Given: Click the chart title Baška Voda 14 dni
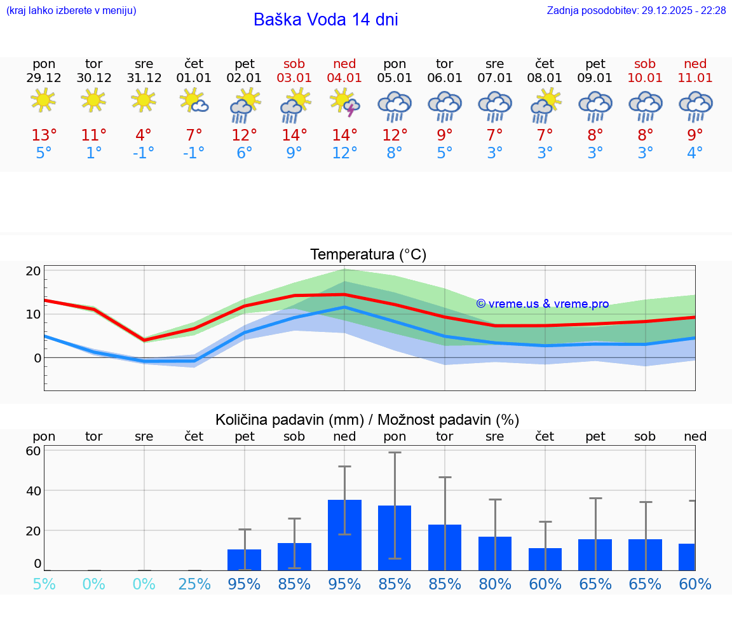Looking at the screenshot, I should [x=325, y=20].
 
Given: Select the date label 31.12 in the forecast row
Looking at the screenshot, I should [x=144, y=78].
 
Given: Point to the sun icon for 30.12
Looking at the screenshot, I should [x=93, y=100].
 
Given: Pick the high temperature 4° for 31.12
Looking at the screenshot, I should [x=144, y=135].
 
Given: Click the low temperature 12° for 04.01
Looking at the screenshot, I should [x=344, y=153].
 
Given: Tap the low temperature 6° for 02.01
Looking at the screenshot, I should [x=244, y=153].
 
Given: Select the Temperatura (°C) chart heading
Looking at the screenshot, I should [x=368, y=254].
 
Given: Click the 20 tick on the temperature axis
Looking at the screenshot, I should [x=33, y=271].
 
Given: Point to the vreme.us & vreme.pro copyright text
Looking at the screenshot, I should [x=542, y=304].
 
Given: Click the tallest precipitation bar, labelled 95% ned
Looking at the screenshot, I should [x=344, y=535].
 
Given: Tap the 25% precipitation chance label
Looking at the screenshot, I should [x=194, y=584].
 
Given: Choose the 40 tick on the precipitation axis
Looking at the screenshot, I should [x=33, y=490].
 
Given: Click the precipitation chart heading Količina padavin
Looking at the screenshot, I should [x=367, y=420].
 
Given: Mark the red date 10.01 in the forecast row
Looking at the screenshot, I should [x=645, y=78].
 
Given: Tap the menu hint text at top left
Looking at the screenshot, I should [x=71, y=11].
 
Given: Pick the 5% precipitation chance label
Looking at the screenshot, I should [x=44, y=584].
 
